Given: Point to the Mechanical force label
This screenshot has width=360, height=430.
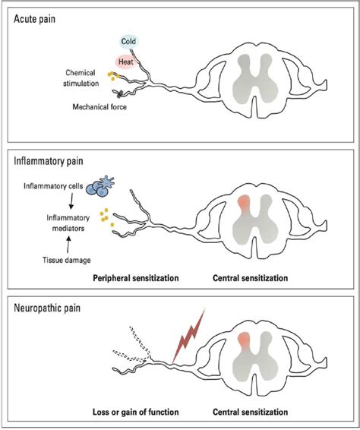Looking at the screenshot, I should (95, 108).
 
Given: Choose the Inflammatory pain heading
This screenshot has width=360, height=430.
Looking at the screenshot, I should (49, 161).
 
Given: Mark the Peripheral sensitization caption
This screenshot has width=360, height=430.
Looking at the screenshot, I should (134, 279).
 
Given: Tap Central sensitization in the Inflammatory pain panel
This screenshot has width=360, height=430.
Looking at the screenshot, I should (251, 279).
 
